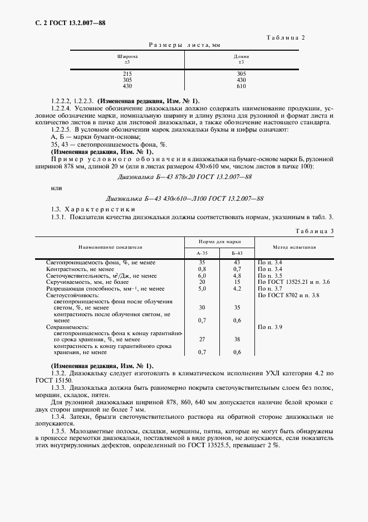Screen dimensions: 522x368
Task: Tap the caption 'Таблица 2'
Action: (x=286, y=38)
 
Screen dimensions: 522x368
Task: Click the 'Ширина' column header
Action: (x=127, y=56)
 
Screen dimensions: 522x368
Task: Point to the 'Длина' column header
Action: (x=241, y=56)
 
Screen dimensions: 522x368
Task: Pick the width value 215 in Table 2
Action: (x=127, y=74)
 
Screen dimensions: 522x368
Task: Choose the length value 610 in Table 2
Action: (x=241, y=86)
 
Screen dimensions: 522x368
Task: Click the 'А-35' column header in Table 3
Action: (x=202, y=253)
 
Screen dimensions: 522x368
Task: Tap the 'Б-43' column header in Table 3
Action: (x=237, y=253)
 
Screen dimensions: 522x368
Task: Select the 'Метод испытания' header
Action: (x=295, y=246)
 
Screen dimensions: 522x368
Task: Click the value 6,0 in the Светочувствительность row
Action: (x=202, y=275)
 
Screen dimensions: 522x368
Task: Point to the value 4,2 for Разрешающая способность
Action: (x=237, y=289)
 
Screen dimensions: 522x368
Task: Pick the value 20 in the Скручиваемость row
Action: (x=202, y=282)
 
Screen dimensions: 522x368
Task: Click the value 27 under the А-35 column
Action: (x=202, y=339)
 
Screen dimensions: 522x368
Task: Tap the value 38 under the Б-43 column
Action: (x=237, y=339)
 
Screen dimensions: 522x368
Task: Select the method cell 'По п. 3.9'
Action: (x=270, y=325)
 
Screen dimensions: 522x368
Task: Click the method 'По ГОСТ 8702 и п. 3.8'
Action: (x=288, y=296)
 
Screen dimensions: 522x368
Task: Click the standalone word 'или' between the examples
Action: (x=56, y=187)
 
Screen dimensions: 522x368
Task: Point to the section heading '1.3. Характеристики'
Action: (x=83, y=209)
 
